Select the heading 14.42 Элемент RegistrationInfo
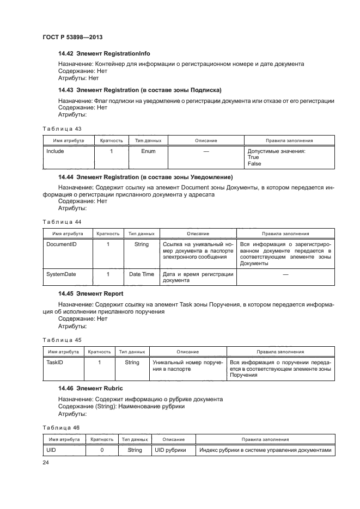point(104,54)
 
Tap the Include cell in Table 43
point(55,151)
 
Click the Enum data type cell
point(148,151)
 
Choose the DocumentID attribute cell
point(62,245)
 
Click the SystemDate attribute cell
point(61,274)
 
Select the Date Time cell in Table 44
point(141,274)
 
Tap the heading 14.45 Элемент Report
point(90,293)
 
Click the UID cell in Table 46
point(51,450)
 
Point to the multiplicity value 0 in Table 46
point(102,450)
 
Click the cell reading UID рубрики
point(170,450)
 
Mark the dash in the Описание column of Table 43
point(206,151)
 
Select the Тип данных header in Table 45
point(132,352)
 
